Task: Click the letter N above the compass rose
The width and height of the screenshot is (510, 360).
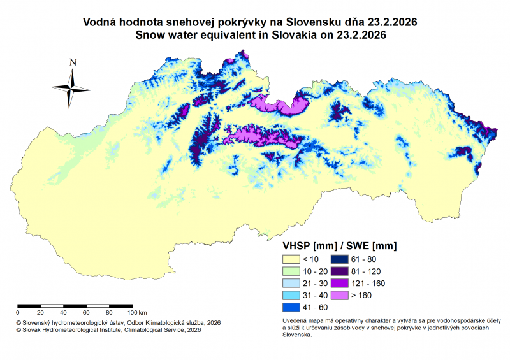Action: point(73,62)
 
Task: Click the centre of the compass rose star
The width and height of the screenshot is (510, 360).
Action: point(71,88)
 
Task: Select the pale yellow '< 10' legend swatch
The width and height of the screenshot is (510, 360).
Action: point(290,259)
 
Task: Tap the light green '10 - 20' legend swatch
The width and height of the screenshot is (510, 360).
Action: point(290,271)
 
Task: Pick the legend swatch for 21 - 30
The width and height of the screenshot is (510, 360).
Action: point(290,284)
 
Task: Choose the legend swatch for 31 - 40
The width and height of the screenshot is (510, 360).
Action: point(290,296)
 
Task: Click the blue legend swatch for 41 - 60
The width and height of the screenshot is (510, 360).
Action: point(290,308)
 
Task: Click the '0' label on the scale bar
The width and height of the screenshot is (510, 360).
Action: point(17,313)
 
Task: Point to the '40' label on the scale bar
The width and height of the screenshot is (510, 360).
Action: point(63,313)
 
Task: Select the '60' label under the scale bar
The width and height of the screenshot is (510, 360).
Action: point(86,313)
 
